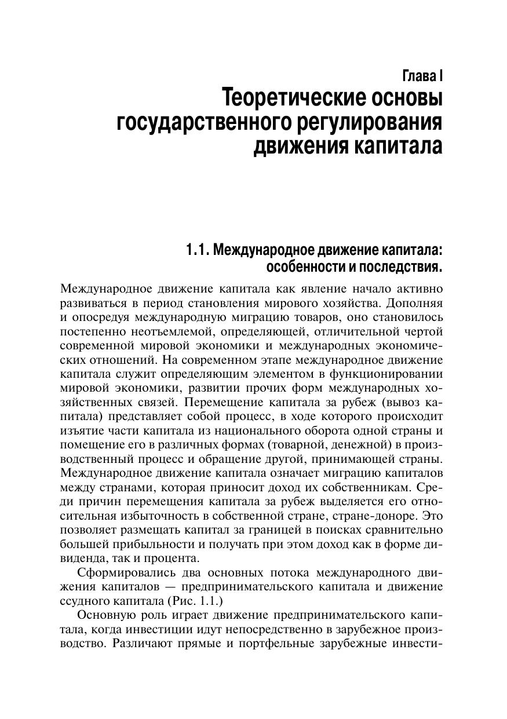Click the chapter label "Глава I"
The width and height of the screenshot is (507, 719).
pyautogui.click(x=422, y=75)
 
